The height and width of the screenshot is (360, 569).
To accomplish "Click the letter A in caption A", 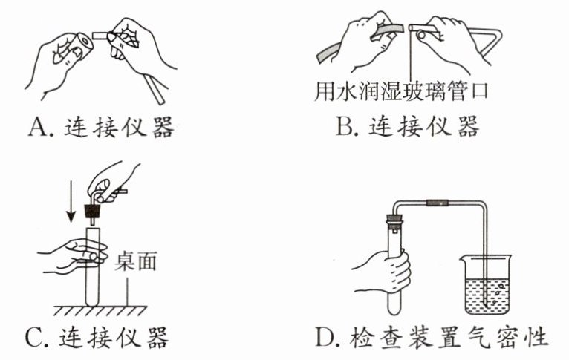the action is [x=38, y=127].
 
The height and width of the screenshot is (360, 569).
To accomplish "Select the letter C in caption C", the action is [x=33, y=338].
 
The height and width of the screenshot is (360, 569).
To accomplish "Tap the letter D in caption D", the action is [x=324, y=337].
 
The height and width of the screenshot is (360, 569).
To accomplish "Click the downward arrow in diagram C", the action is [x=71, y=202].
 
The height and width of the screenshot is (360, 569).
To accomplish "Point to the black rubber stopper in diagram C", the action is [x=93, y=212].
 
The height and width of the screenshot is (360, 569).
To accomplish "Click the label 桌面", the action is [x=136, y=261].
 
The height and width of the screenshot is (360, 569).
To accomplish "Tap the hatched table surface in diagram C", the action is [x=100, y=311].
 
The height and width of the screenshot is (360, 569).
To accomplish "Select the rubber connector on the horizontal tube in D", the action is [x=438, y=203].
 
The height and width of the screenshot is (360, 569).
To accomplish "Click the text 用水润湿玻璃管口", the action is [x=400, y=91].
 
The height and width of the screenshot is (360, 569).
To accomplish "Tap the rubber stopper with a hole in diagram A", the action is [x=79, y=45].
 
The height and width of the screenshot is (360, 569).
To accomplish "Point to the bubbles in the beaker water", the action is [x=496, y=292].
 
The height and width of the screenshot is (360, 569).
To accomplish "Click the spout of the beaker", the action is [x=462, y=258].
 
